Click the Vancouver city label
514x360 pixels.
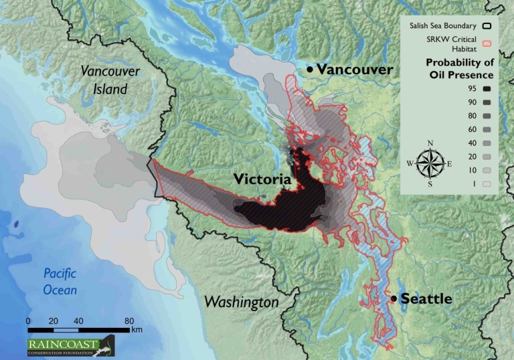pyautogui.click(x=355, y=70)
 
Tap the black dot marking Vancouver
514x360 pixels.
pyautogui.click(x=310, y=70)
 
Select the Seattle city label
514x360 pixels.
pyautogui.click(x=426, y=299)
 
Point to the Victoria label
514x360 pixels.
pyautogui.click(x=262, y=179)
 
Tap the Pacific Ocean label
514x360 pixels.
pyautogui.click(x=60, y=281)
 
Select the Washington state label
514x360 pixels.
pyautogui.click(x=241, y=302)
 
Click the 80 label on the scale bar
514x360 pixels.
pyautogui.click(x=129, y=321)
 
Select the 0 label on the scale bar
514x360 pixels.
pyautogui.click(x=28, y=321)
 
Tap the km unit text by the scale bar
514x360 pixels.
pyautogui.click(x=137, y=329)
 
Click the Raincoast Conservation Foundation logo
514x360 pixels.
pyautogui.click(x=70, y=345)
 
